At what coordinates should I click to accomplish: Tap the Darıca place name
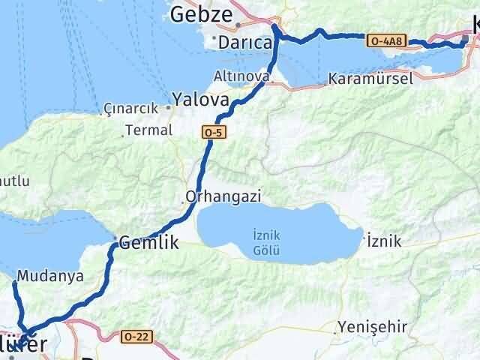pos(245,43)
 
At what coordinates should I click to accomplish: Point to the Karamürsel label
pos(370,79)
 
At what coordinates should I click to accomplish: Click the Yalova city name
pos(199,99)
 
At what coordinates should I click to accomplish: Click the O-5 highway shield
pos(212,133)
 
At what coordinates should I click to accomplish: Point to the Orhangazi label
pos(223,196)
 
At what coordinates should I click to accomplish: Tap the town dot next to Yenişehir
pos(335,331)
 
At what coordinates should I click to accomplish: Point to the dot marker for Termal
pos(125,136)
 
